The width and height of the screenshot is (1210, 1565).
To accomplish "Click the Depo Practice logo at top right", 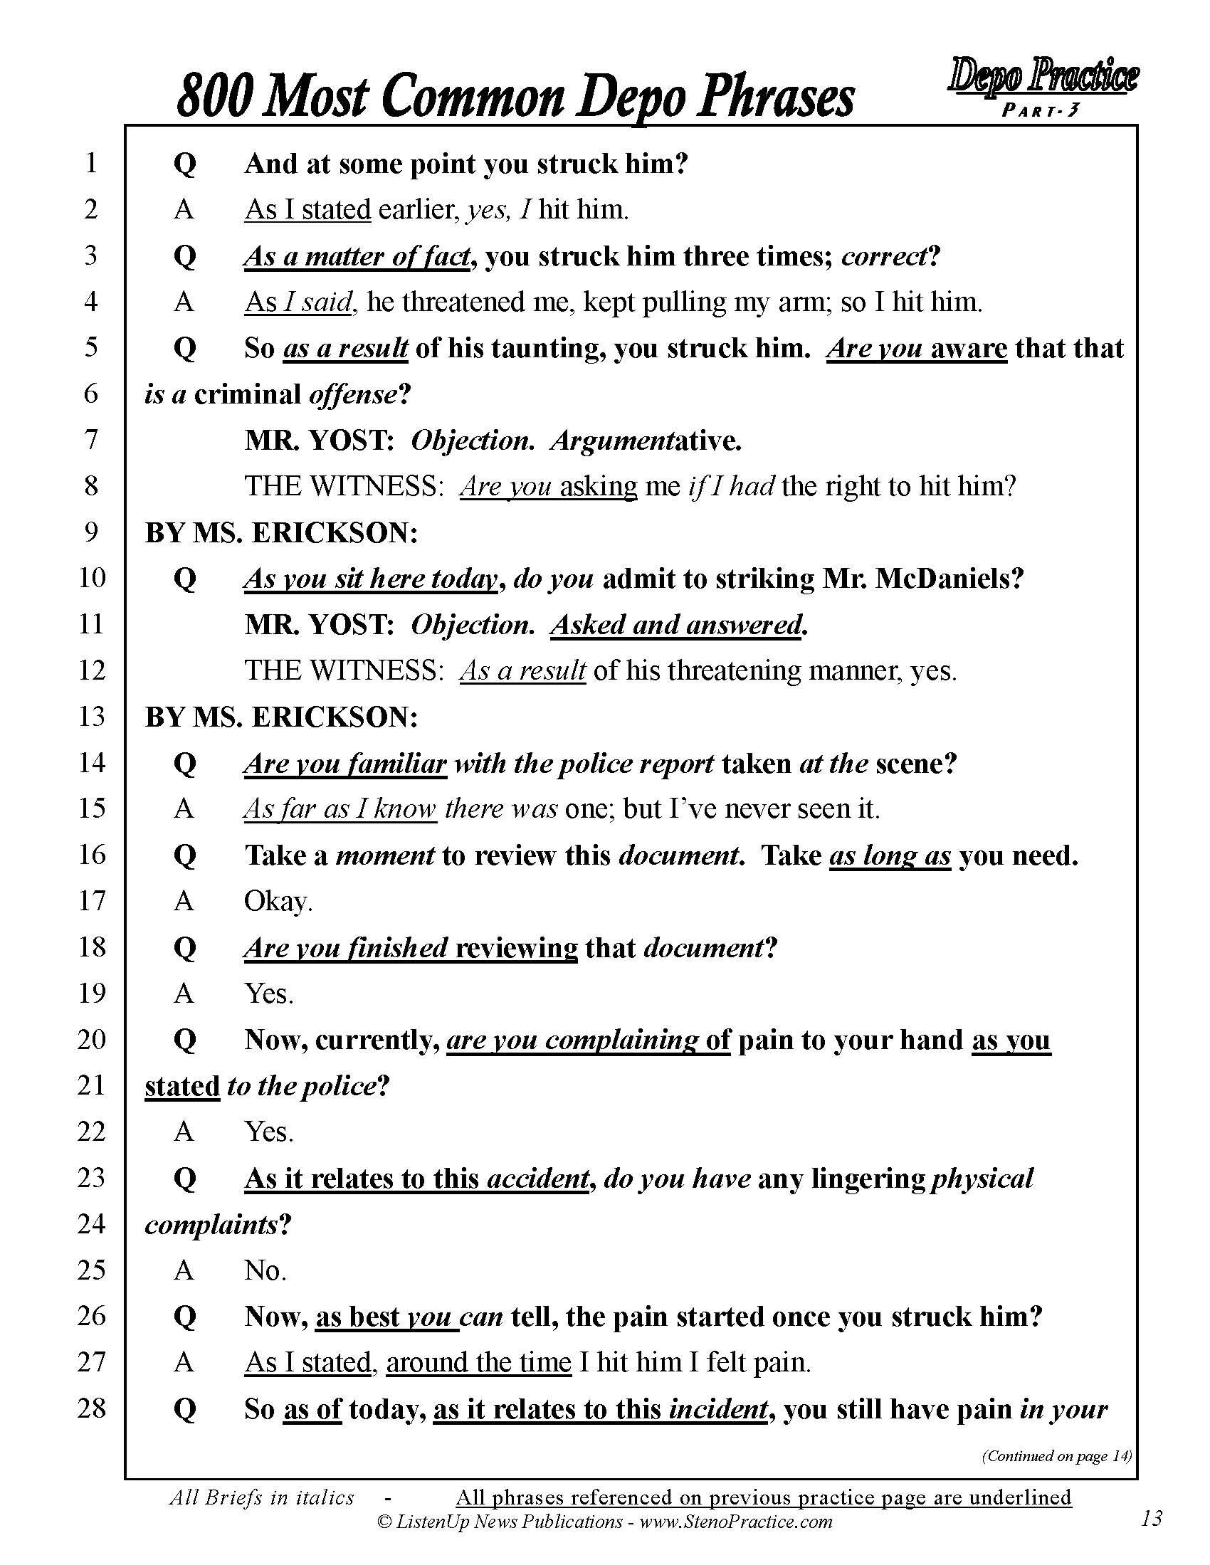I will (1043, 78).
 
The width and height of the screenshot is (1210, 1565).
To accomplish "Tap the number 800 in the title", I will (213, 97).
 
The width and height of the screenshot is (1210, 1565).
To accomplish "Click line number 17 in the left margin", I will (91, 900).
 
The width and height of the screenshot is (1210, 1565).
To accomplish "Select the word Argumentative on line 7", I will (646, 440).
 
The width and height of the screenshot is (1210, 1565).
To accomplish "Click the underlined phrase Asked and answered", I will (676, 625).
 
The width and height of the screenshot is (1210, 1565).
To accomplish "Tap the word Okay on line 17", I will (278, 902).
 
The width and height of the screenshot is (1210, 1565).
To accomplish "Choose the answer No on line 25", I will (265, 1270).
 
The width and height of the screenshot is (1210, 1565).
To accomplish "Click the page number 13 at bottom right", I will (1151, 1518).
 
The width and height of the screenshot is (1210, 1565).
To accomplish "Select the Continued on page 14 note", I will (1056, 1455).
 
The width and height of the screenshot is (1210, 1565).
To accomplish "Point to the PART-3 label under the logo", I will (1040, 110).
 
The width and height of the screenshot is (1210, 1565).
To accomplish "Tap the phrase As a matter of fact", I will (357, 256).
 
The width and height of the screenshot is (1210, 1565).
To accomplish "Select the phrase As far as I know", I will (340, 809).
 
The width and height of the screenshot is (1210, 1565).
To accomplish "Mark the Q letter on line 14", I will (184, 764).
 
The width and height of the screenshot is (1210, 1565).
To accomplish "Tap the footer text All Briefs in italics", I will (262, 1497).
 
